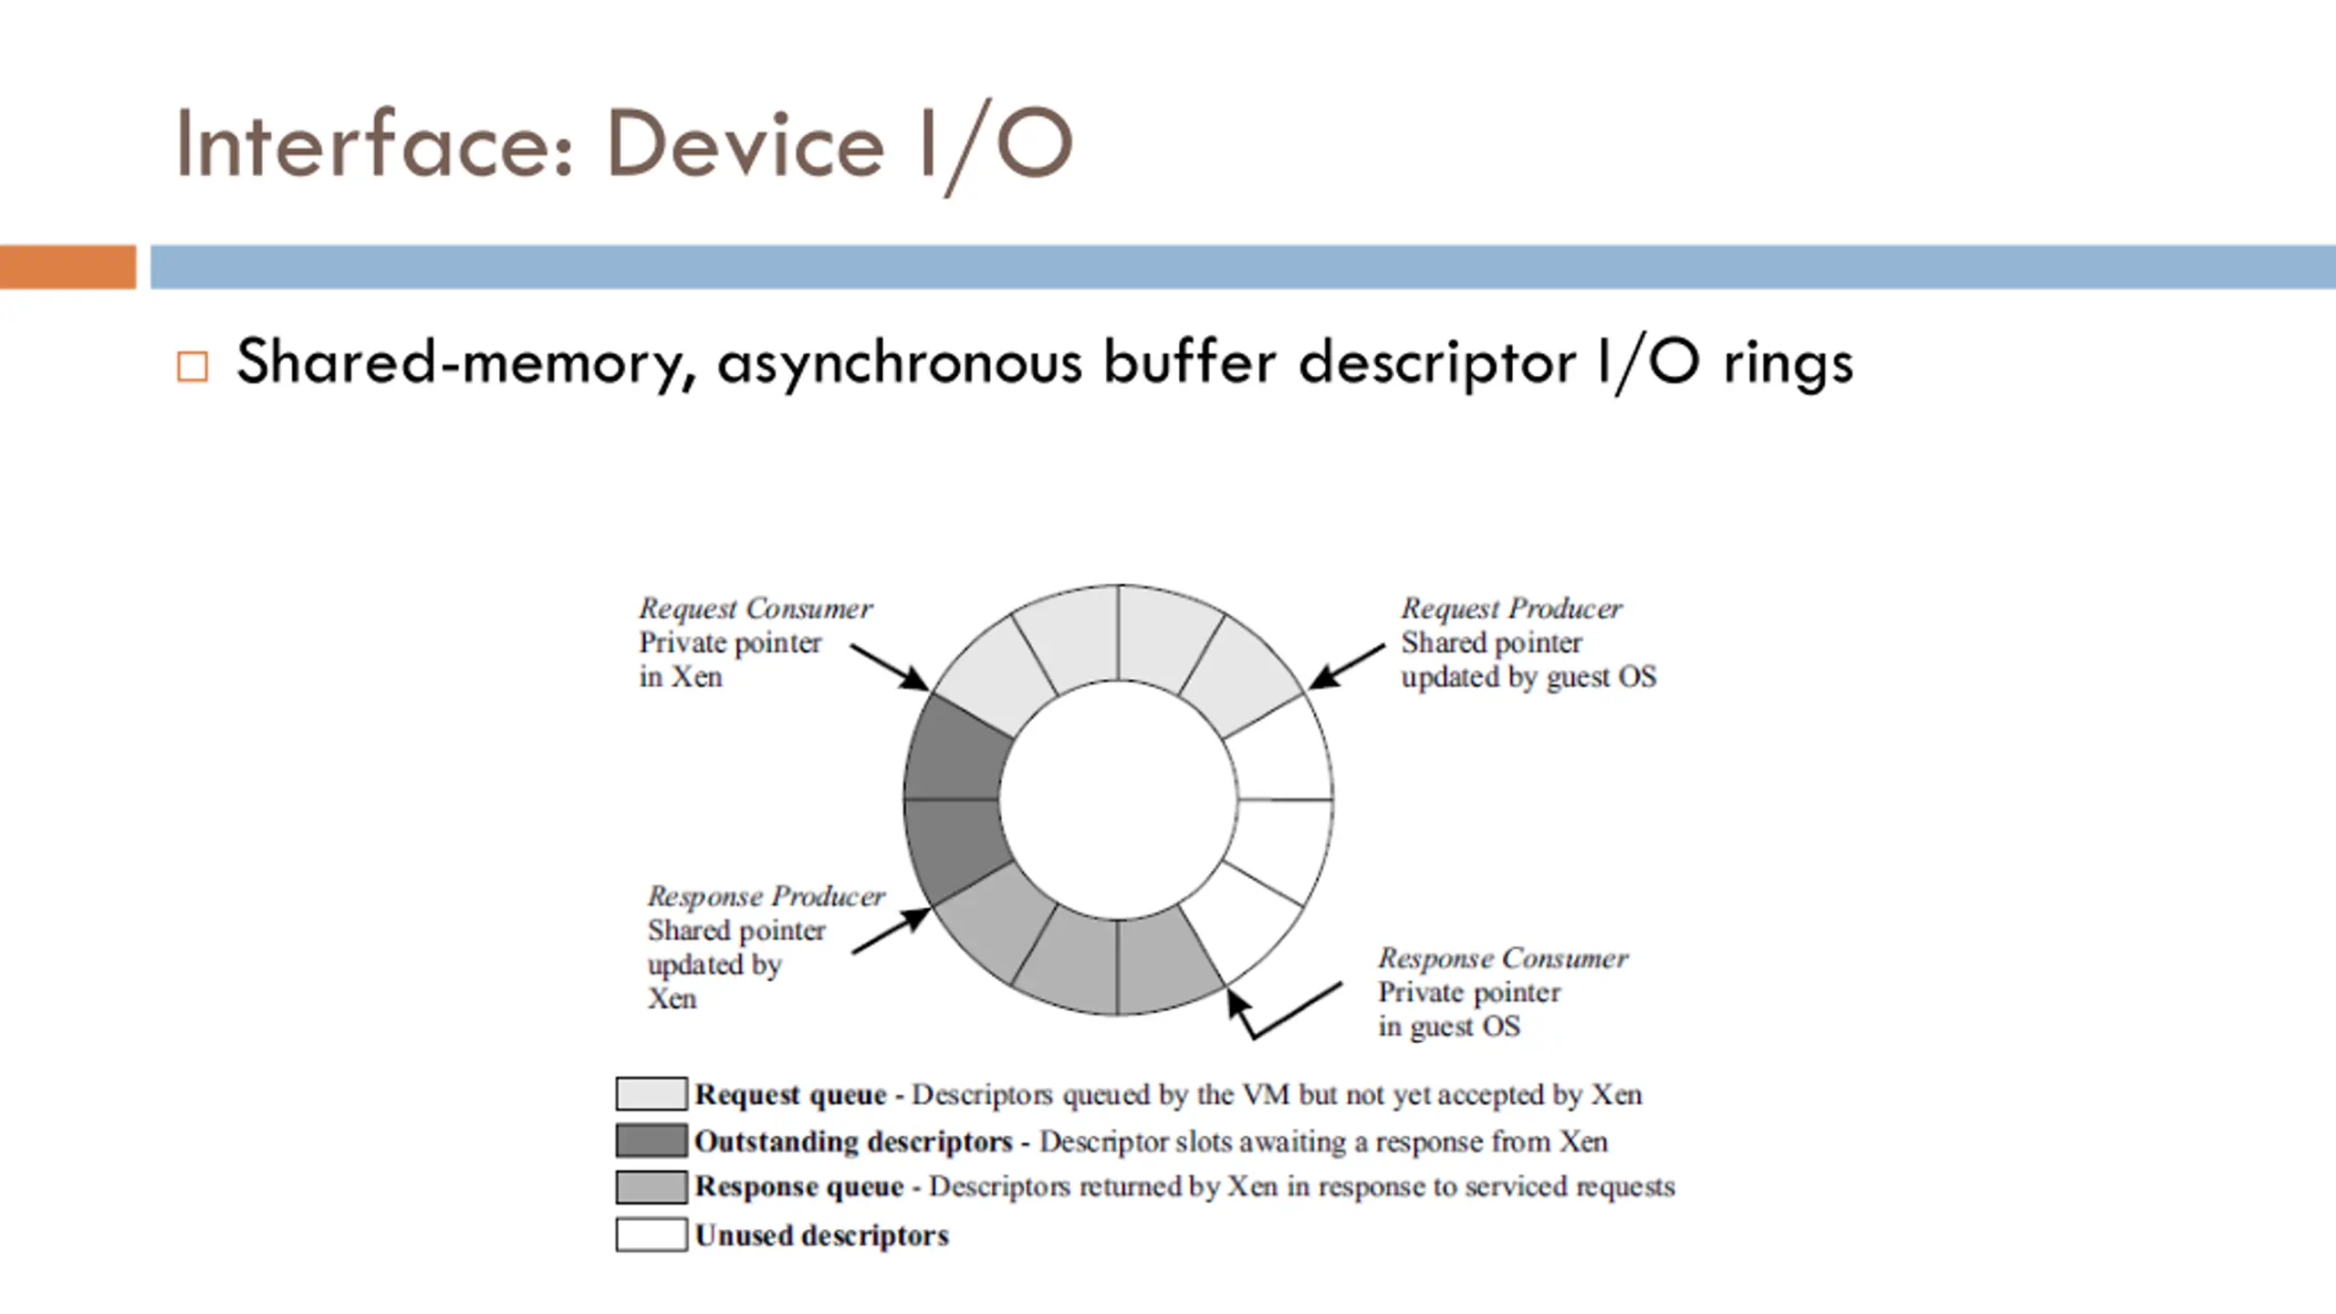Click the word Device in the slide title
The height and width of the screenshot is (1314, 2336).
(x=745, y=143)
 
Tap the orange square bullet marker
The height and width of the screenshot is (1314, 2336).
(x=193, y=367)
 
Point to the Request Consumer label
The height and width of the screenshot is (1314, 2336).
(x=756, y=608)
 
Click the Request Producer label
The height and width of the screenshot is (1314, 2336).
(x=1511, y=608)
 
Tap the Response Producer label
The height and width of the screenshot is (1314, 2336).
(x=766, y=896)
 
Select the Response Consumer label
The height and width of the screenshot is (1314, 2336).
(x=1503, y=958)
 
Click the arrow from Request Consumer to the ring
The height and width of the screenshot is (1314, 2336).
(x=890, y=667)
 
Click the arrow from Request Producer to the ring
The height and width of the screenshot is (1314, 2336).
(x=1347, y=666)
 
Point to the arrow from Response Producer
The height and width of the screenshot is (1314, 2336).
(x=892, y=931)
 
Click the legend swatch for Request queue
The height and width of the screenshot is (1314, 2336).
(x=652, y=1093)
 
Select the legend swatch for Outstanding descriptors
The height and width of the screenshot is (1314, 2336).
(x=652, y=1141)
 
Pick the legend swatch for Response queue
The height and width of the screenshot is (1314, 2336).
(x=652, y=1187)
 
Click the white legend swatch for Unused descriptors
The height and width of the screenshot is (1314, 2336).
(x=652, y=1235)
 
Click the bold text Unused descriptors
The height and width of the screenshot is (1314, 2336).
(x=821, y=1236)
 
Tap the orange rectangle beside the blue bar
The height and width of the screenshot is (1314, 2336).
(x=68, y=267)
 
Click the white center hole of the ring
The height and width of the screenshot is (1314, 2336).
(x=1118, y=799)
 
